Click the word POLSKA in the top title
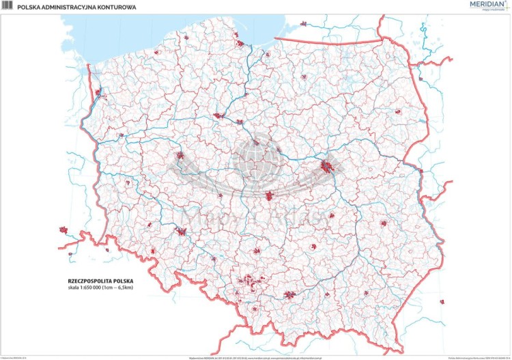tap(31, 7)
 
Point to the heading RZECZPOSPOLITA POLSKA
tap(101, 281)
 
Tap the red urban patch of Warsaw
tap(328, 166)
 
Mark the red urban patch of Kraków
tap(291, 295)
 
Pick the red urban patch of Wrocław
tap(182, 232)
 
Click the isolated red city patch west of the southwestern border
tap(65, 230)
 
